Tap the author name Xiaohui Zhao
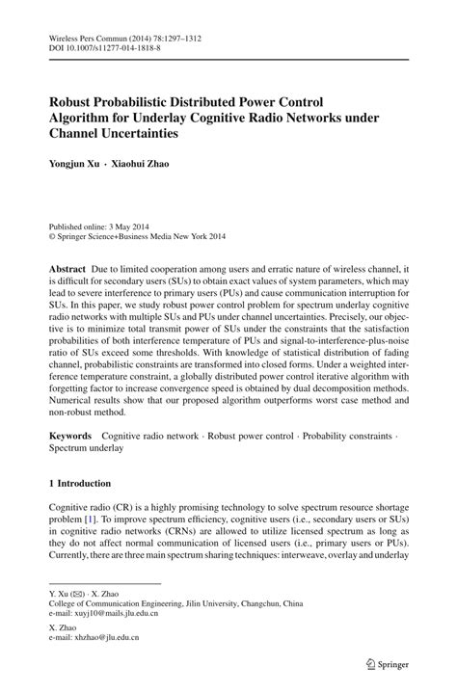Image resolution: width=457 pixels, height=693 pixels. pos(143,164)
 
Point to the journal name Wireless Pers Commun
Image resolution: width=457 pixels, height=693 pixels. pos(91,37)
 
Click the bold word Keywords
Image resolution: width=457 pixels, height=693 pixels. pos(70,436)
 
